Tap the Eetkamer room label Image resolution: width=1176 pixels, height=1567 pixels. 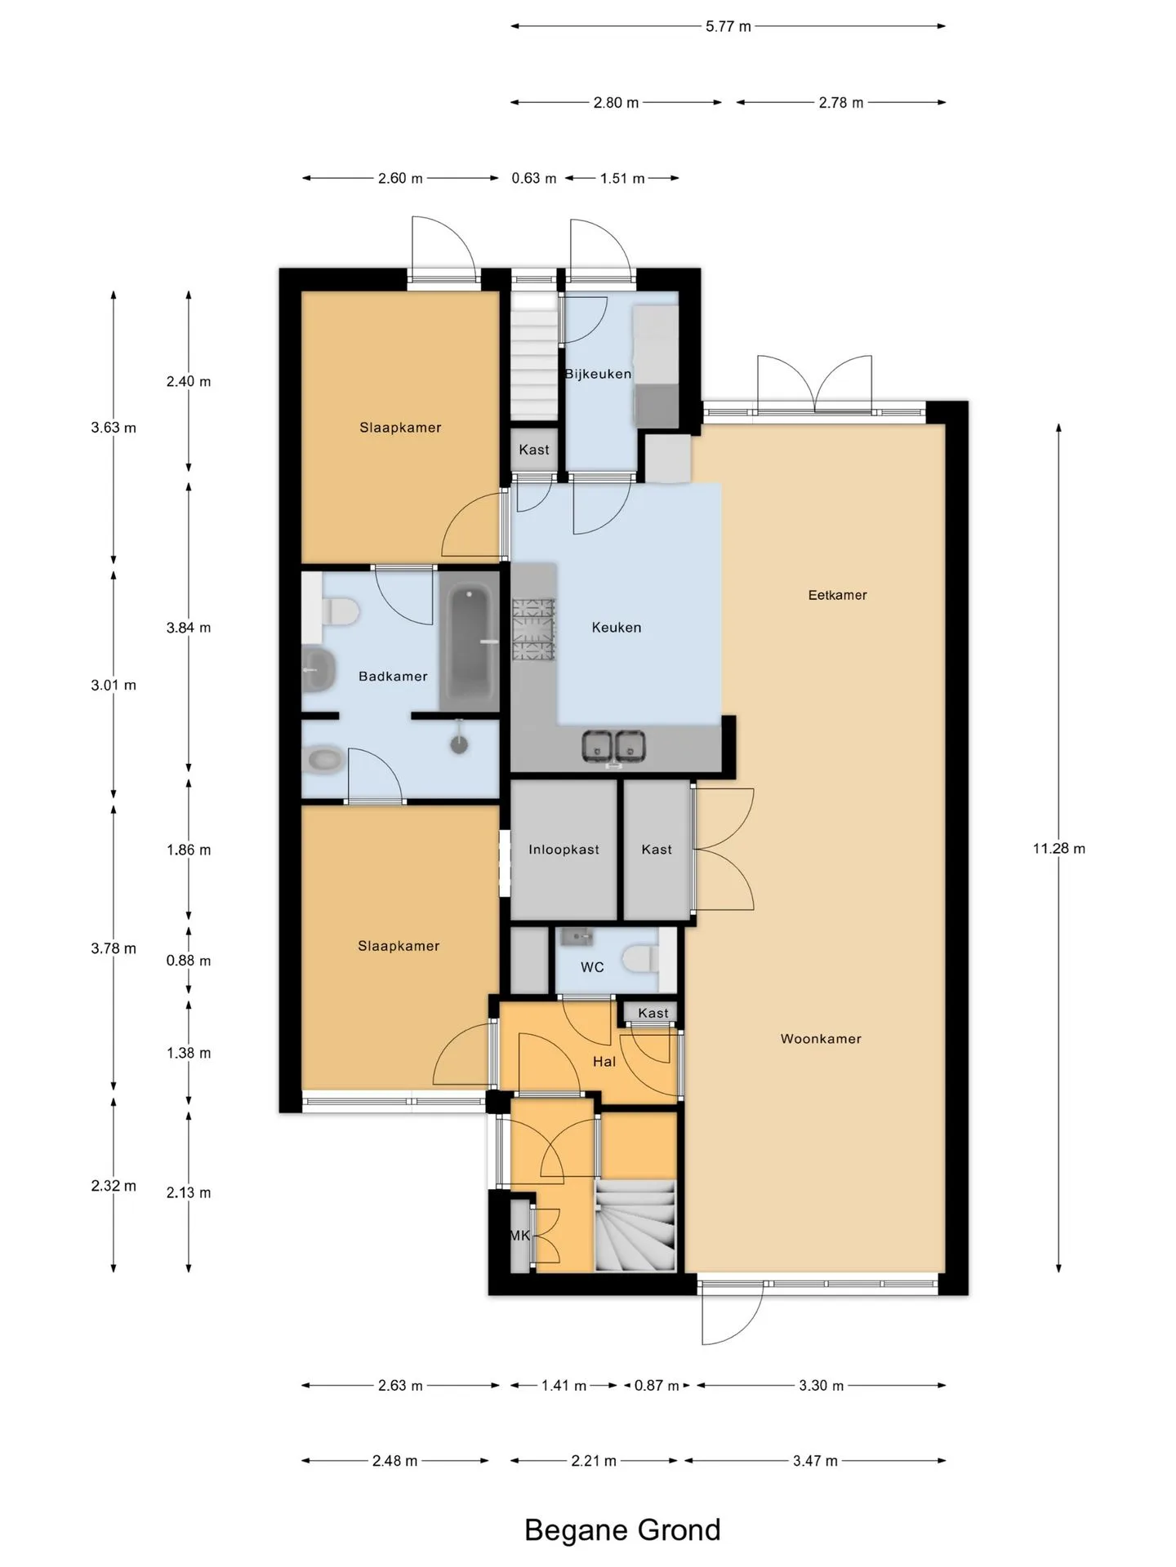tap(837, 595)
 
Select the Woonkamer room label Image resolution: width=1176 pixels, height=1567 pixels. tap(821, 1039)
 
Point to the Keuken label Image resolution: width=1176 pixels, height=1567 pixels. tap(617, 628)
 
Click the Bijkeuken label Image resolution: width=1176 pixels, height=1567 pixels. tap(598, 374)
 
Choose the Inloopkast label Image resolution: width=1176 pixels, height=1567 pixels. tap(563, 850)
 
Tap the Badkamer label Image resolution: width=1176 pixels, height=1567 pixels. tap(393, 677)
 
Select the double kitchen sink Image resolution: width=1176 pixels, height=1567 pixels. tap(613, 747)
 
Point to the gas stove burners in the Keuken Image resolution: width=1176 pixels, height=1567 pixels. tap(533, 629)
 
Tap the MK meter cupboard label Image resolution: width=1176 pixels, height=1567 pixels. tap(520, 1236)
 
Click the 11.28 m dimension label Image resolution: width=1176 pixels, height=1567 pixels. tap(1058, 849)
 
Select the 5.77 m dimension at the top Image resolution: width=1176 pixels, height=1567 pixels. tap(728, 26)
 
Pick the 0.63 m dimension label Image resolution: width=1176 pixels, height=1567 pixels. tap(534, 178)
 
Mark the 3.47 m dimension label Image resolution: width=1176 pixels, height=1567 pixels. tap(815, 1461)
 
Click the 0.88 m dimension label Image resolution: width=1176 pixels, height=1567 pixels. tap(189, 961)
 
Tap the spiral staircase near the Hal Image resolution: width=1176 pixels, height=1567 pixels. tap(635, 1226)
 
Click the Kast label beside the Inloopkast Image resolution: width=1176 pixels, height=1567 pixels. tap(657, 850)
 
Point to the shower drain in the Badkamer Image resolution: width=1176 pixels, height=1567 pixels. tap(460, 744)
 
